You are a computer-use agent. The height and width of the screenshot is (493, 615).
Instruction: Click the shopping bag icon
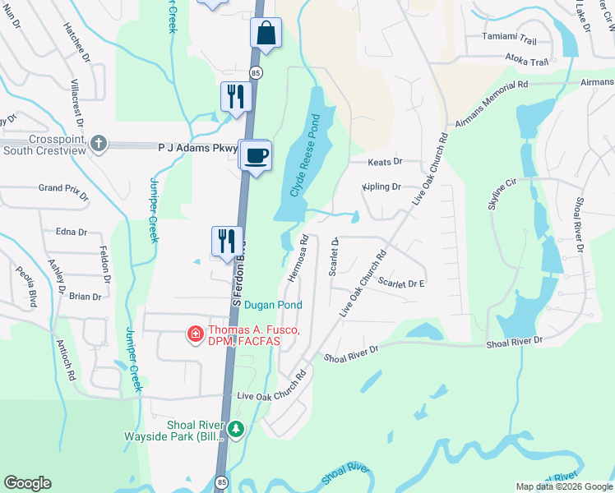(266, 34)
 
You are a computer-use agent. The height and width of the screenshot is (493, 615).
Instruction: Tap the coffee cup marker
(257, 154)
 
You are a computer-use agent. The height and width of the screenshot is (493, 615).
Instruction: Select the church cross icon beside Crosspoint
(99, 143)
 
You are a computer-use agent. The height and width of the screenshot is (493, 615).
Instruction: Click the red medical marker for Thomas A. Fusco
(195, 334)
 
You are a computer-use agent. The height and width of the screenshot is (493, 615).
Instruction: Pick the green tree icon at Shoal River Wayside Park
(236, 429)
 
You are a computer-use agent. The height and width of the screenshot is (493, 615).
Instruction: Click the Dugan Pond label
(273, 305)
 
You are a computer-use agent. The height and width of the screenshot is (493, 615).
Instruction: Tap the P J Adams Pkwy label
(197, 149)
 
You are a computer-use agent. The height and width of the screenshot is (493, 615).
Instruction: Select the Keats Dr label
(386, 162)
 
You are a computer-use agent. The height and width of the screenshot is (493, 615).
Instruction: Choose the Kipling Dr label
(381, 187)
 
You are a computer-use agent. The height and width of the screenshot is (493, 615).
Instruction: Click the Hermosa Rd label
(298, 259)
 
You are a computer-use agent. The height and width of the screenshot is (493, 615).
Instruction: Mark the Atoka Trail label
(526, 62)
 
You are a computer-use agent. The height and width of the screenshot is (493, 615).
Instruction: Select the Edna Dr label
(71, 233)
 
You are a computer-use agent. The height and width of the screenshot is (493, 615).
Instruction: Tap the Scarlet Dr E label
(401, 283)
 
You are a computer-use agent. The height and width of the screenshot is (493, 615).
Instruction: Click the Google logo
(27, 483)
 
